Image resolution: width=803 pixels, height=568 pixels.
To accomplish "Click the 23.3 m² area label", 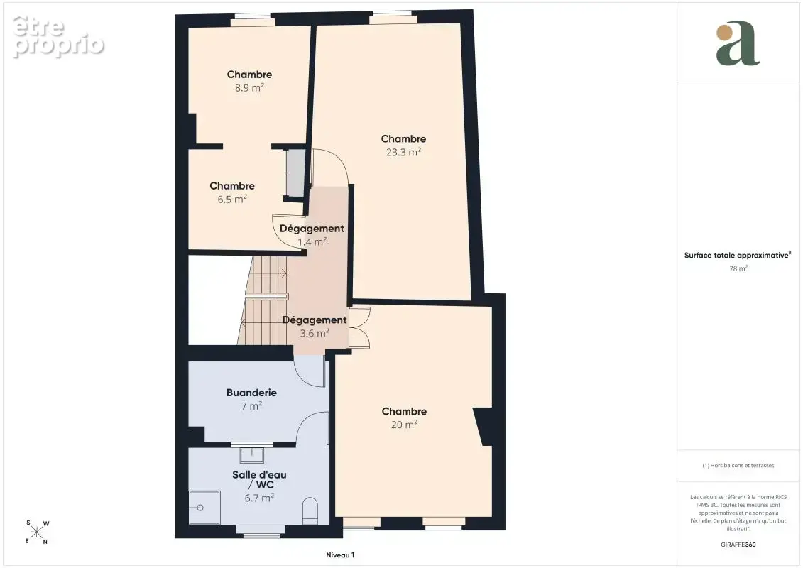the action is click(x=403, y=152).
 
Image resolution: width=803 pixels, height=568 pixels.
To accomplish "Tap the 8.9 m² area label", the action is click(x=249, y=87).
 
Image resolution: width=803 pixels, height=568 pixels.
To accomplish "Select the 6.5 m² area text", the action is click(x=232, y=200).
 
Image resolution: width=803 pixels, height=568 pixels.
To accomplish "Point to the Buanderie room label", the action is click(x=251, y=393).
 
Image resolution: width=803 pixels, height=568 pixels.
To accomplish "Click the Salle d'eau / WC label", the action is click(x=259, y=479).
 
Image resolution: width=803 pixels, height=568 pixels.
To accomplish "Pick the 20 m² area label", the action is click(x=404, y=425).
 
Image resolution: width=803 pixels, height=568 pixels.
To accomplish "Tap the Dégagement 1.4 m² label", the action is click(x=312, y=234).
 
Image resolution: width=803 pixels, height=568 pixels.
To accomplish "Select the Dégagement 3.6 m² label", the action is click(x=315, y=327).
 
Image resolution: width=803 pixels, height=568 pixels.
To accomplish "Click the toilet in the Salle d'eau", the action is click(x=310, y=510).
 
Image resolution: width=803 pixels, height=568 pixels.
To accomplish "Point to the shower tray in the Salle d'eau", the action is click(x=205, y=508).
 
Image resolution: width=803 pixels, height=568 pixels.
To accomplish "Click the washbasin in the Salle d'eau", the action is click(x=251, y=455).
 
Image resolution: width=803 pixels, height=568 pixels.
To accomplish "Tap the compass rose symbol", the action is click(x=37, y=532).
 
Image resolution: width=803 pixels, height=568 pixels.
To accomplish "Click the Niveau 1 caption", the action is click(x=340, y=555).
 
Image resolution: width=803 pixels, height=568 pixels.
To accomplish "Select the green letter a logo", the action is click(x=738, y=43).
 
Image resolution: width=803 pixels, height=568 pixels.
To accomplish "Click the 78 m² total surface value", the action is click(x=738, y=268).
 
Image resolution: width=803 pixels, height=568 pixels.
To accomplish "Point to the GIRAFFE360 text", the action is click(x=738, y=545).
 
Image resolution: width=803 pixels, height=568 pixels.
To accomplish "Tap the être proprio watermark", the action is click(x=58, y=36).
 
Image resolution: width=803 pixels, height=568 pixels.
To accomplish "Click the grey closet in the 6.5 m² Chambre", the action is click(x=295, y=173).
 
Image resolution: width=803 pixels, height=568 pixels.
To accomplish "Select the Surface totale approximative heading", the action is click(x=738, y=255).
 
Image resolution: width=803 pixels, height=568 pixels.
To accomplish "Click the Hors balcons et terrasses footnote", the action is click(x=738, y=466).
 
